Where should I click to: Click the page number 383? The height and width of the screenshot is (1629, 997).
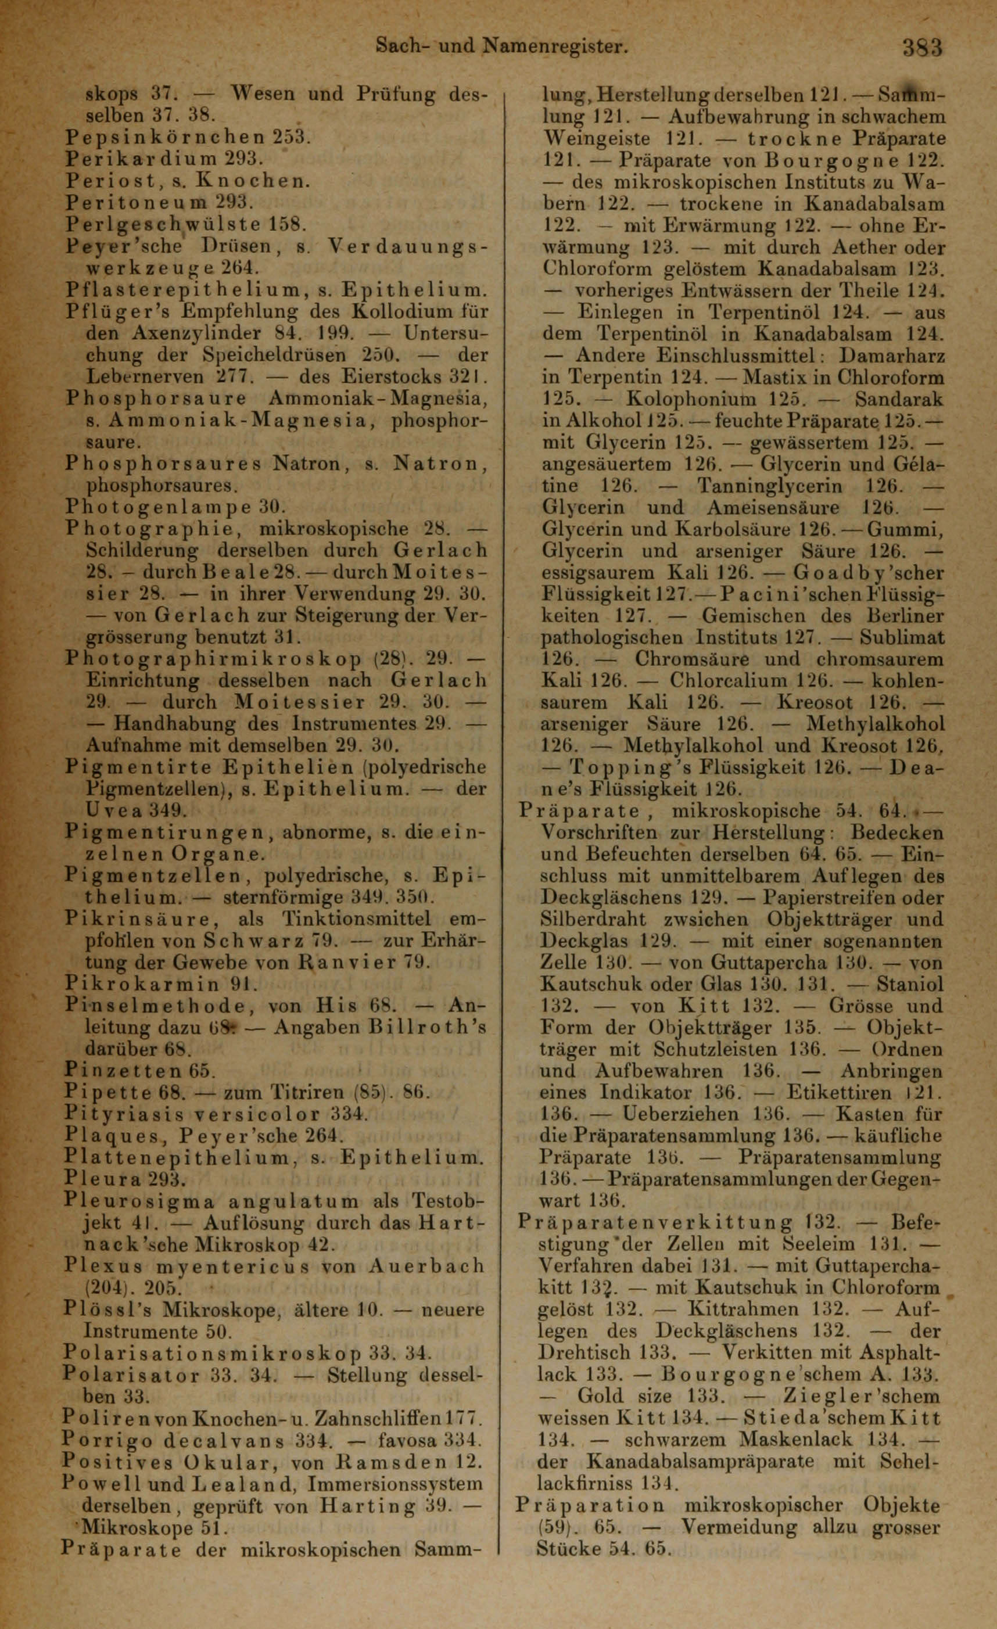pyautogui.click(x=922, y=48)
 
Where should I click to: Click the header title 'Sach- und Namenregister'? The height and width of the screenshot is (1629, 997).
pyautogui.click(x=500, y=46)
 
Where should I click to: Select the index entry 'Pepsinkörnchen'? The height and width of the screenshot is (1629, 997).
pyautogui.click(x=165, y=138)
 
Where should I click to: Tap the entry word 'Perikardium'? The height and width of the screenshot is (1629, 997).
pyautogui.click(x=142, y=159)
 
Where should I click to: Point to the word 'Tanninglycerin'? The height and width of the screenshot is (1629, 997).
pyautogui.click(x=770, y=486)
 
